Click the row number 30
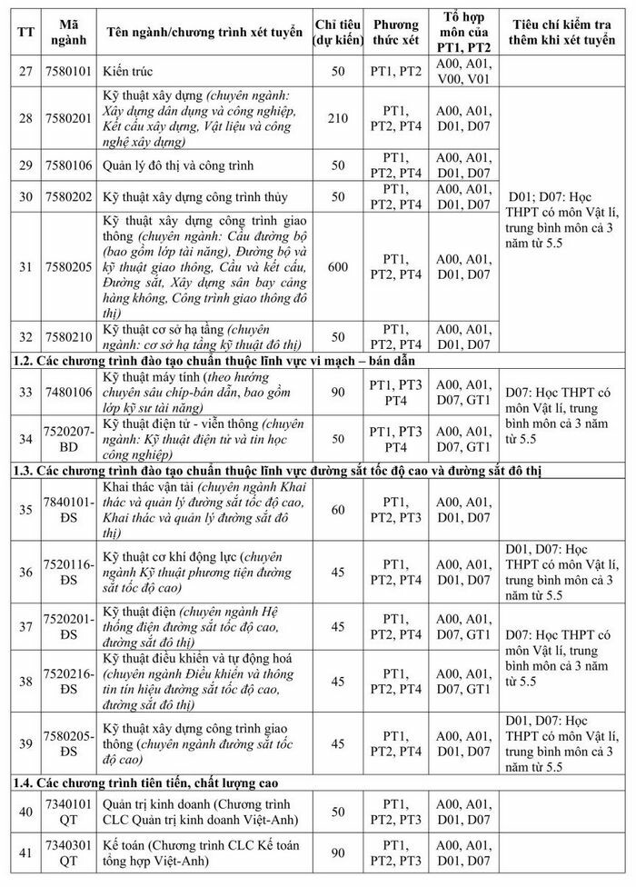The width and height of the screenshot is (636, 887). (x=25, y=196)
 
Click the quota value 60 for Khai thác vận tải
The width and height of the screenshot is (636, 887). (x=338, y=510)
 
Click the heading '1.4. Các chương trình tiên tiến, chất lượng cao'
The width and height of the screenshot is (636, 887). (x=153, y=782)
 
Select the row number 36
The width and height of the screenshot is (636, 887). (x=25, y=572)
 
